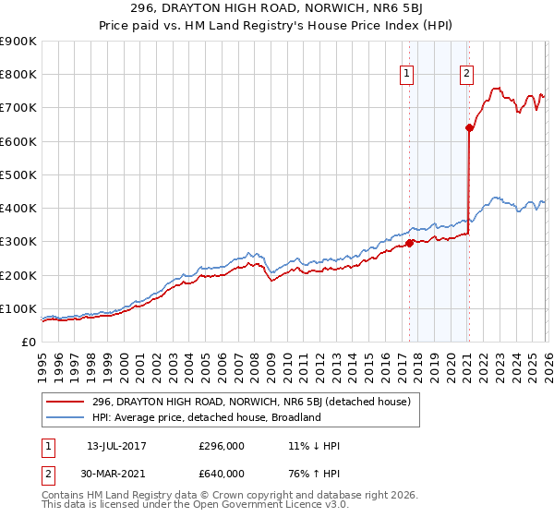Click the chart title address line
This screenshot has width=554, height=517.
(x=276, y=8)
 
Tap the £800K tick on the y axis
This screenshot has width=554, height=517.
(x=18, y=75)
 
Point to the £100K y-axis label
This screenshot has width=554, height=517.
(x=18, y=308)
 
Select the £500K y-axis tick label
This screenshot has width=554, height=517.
(x=18, y=174)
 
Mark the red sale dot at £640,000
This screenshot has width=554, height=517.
(x=469, y=128)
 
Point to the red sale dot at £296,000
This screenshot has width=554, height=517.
(x=409, y=244)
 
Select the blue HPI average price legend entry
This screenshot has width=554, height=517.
(x=206, y=417)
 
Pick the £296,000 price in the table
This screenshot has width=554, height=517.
(x=222, y=446)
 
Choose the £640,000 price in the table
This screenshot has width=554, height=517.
(x=222, y=474)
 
